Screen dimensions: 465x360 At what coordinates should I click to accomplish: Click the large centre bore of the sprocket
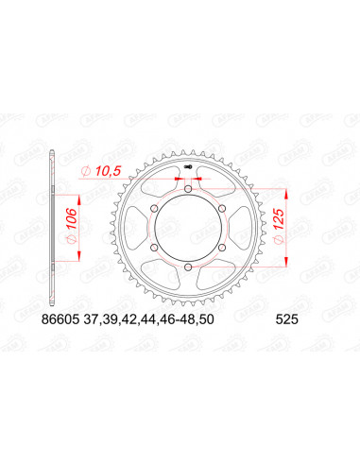point(189,231)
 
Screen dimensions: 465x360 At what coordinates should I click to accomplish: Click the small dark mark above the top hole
point(190,169)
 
